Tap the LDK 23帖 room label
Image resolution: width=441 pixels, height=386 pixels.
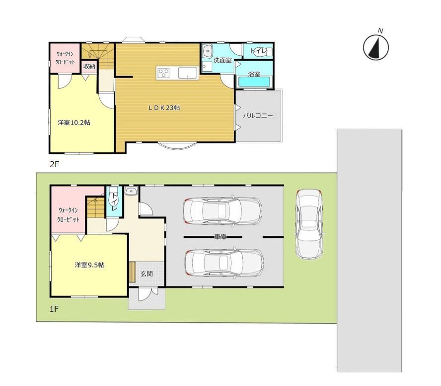coord(164,107)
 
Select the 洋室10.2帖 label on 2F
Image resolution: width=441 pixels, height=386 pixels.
coord(74,122)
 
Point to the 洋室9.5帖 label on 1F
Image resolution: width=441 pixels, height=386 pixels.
coord(90,265)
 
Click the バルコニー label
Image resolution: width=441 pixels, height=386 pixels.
coord(258,115)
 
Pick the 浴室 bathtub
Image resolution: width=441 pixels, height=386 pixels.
coord(254,82)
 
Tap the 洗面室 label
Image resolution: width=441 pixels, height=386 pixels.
coord(222,60)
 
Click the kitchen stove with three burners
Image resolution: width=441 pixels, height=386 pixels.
coord(164,73)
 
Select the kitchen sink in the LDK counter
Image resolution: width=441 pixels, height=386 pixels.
coord(187,73)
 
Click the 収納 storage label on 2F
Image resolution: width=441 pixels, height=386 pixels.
coord(89,67)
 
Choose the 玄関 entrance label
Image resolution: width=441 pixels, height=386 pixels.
coord(147,274)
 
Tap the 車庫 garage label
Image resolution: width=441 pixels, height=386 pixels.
coord(220,237)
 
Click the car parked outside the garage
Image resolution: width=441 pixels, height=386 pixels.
coord(309,224)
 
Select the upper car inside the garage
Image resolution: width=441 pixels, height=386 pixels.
coord(222,211)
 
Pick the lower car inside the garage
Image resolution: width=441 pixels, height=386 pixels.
coord(224,263)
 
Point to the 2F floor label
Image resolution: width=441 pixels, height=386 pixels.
coord(54,164)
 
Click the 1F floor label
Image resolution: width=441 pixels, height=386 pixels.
coord(54,309)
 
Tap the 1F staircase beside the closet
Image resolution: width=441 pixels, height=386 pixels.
coord(96,207)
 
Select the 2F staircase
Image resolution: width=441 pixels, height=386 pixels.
coord(98,56)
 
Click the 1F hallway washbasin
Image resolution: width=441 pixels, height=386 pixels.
coord(131,192)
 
